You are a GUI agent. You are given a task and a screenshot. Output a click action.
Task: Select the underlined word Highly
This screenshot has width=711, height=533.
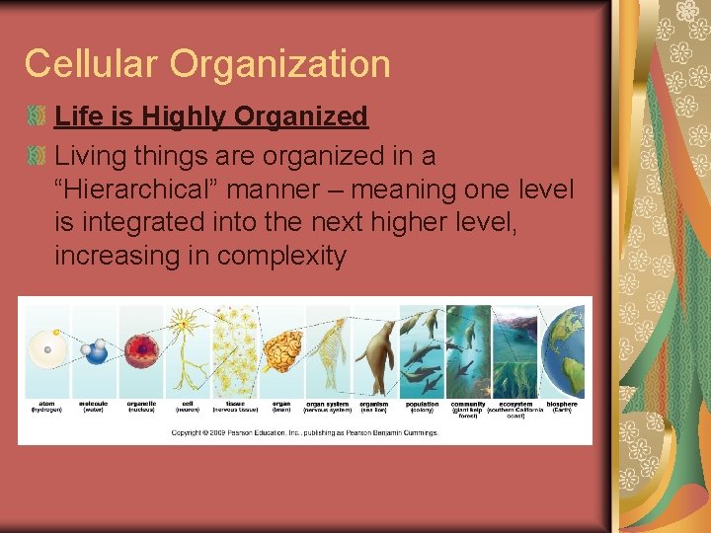click(x=186, y=116)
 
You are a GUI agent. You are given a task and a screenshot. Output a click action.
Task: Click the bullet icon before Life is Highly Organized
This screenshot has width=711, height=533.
click(x=37, y=116)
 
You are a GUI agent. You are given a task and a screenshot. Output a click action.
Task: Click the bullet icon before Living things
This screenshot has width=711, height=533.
click(x=37, y=155)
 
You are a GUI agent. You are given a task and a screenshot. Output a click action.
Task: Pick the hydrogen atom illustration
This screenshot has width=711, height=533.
click(x=45, y=349)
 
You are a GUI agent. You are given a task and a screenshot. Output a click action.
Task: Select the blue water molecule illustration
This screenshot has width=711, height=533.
click(x=94, y=350)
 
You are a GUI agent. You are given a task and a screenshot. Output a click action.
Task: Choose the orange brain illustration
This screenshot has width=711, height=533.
click(x=281, y=350)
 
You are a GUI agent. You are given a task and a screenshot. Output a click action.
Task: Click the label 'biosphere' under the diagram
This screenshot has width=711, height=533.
click(x=561, y=404)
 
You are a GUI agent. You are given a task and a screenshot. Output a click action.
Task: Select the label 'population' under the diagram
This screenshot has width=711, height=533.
click(x=423, y=404)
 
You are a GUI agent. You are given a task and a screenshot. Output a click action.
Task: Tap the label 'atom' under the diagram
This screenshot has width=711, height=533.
click(x=46, y=404)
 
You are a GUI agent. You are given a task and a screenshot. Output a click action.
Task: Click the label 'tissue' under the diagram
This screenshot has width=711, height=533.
click(x=235, y=404)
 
